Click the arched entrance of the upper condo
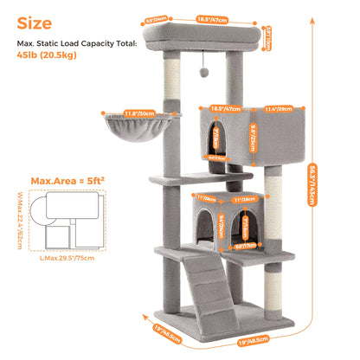tap(215, 140)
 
